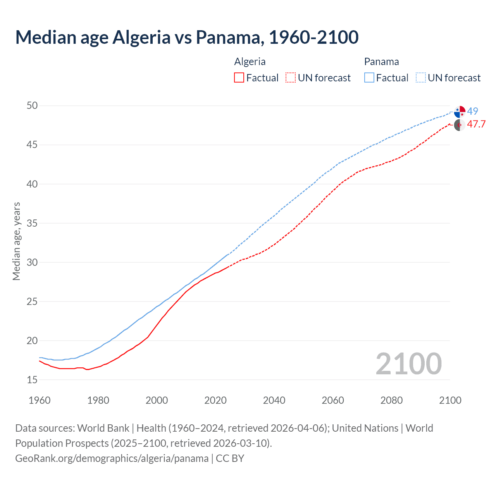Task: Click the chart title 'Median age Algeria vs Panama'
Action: pyautogui.click(x=187, y=37)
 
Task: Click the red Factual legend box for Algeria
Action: pyautogui.click(x=239, y=78)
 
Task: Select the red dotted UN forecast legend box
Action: pyautogui.click(x=291, y=78)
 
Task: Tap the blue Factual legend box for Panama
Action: pyautogui.click(x=369, y=78)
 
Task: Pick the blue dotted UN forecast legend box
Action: pyautogui.click(x=421, y=78)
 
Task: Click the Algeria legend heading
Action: pyautogui.click(x=250, y=62)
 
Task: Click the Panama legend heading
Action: pyautogui.click(x=381, y=62)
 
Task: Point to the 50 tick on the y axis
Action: pyautogui.click(x=32, y=106)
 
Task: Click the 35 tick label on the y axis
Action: pyautogui.click(x=32, y=223)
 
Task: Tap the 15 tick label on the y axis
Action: pyautogui.click(x=32, y=380)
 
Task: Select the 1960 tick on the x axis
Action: pyautogui.click(x=40, y=400)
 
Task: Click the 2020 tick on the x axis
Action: pyautogui.click(x=215, y=400)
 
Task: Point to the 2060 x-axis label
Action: pyautogui.click(x=333, y=400)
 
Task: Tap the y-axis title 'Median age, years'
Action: pyautogui.click(x=16, y=241)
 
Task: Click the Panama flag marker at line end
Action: pyautogui.click(x=460, y=112)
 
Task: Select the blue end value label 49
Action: pyautogui.click(x=473, y=111)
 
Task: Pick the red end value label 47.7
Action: pyautogui.click(x=476, y=124)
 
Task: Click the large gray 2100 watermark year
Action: pyautogui.click(x=409, y=363)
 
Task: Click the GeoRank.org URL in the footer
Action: pyautogui.click(x=112, y=458)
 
